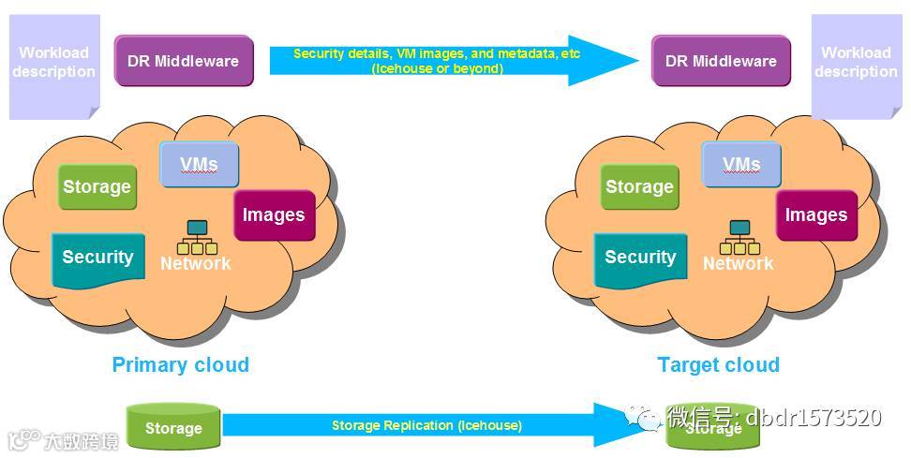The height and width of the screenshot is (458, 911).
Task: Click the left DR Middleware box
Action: coord(184,61)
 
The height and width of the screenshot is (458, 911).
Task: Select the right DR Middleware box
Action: coord(721,61)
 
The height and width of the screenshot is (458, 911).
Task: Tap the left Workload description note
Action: coord(53,66)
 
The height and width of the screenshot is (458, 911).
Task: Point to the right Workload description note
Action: coord(855,66)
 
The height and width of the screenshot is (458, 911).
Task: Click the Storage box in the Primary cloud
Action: coord(97,186)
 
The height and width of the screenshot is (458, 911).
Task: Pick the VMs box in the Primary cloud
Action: coord(199,165)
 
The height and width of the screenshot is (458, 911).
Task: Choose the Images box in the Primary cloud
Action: coord(274,214)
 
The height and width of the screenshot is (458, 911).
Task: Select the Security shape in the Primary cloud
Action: coord(97,258)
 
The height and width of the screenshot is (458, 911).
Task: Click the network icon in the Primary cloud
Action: coord(198,238)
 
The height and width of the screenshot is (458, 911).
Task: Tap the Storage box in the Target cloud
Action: coord(639,186)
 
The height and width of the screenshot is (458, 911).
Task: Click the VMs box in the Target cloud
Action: coord(741,165)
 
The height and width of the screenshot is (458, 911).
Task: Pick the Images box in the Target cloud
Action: coord(816,214)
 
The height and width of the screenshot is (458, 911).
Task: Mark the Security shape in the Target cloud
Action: coord(640,258)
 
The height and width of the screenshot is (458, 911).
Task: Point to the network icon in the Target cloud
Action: coord(739,238)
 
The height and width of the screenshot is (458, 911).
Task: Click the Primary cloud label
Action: coord(181,364)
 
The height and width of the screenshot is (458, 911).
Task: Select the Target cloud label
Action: coord(719,364)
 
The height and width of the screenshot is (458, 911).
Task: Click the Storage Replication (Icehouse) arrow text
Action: coord(426,426)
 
